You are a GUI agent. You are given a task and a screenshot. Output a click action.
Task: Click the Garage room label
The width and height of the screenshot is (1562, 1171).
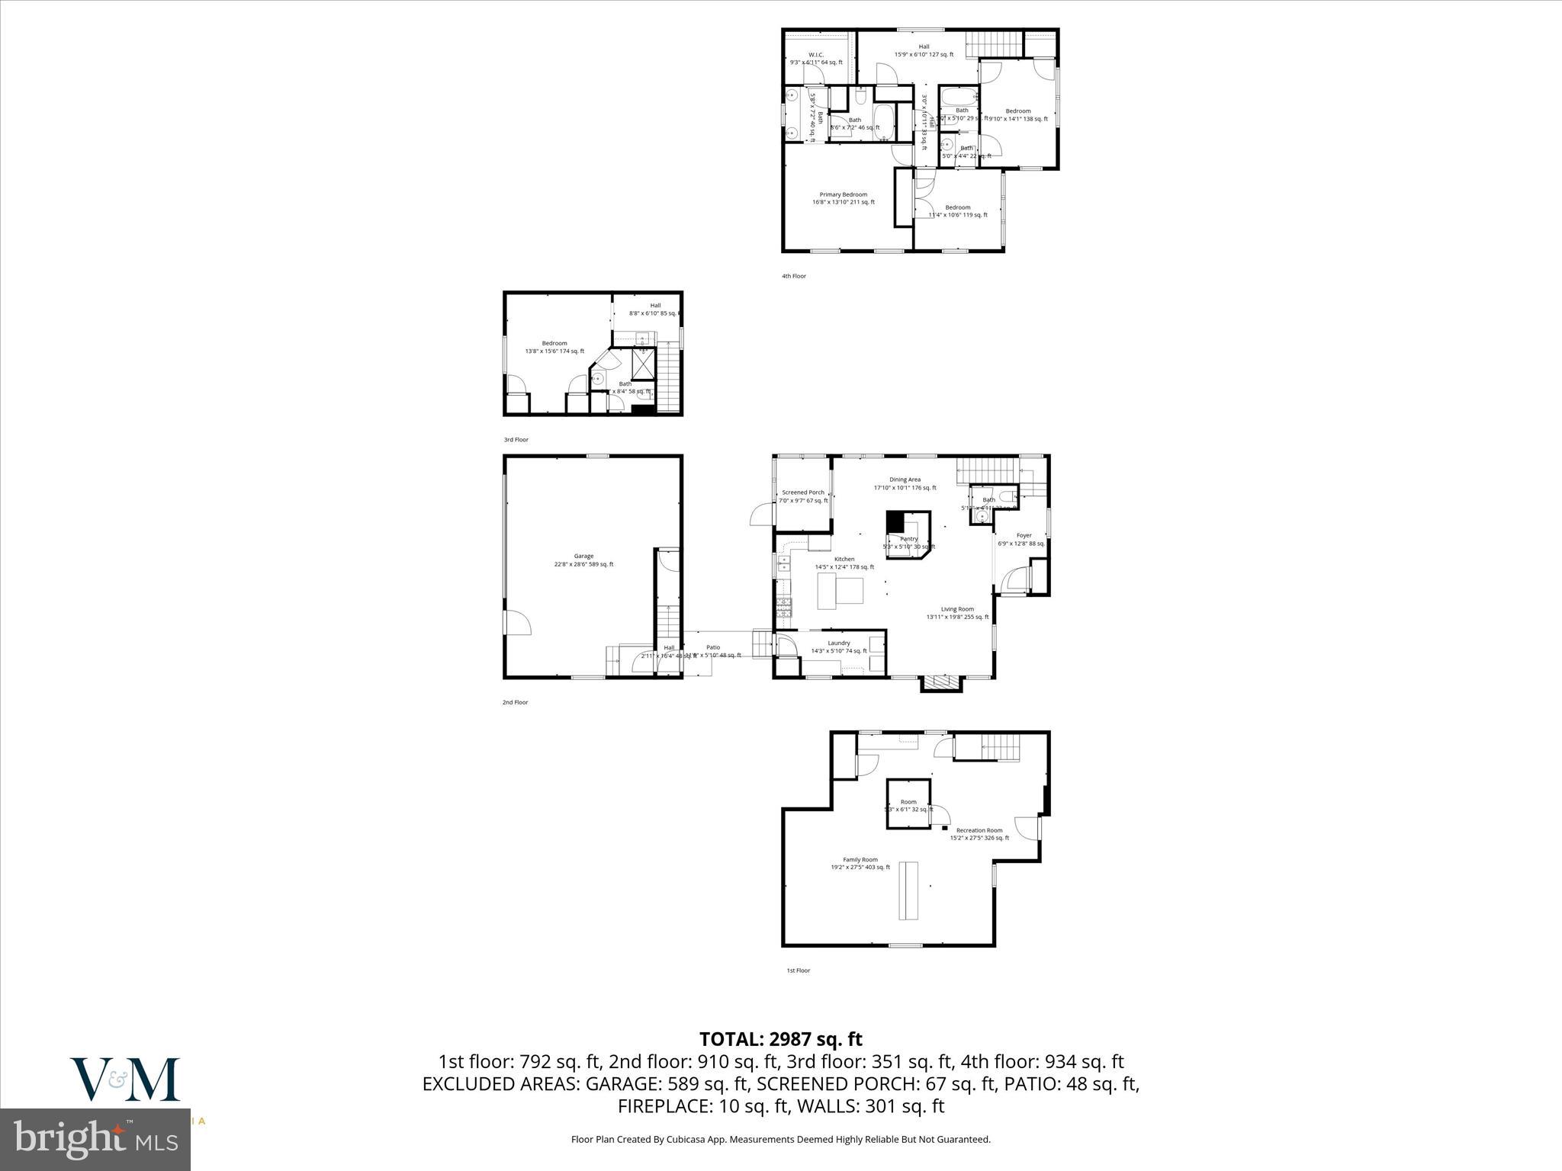[x=583, y=557]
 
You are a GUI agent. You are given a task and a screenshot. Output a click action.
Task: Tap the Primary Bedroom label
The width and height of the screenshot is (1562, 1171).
[x=843, y=195]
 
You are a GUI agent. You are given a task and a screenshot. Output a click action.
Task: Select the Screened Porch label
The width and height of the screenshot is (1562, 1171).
[x=802, y=492]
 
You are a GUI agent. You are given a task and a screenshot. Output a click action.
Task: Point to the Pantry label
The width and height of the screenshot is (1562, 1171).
[x=908, y=539]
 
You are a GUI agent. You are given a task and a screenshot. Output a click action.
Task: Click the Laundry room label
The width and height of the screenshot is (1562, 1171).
[x=838, y=643]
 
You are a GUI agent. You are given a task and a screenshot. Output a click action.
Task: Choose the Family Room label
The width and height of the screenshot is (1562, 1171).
[x=860, y=860]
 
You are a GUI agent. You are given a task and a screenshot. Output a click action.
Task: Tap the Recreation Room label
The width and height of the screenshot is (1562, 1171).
[x=979, y=830]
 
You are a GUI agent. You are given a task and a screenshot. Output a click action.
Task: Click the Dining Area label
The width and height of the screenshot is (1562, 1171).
[x=905, y=480]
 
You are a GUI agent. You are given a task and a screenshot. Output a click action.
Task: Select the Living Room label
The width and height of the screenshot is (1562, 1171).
[x=957, y=609]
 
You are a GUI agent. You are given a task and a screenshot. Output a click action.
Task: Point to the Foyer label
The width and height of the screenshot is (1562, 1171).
[x=1024, y=536]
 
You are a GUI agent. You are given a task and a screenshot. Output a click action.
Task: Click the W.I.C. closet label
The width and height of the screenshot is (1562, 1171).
[x=815, y=55]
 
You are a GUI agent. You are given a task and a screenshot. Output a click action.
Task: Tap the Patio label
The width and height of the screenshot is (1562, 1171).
[x=712, y=647]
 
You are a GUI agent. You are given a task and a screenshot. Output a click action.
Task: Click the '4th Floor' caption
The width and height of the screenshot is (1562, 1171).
[x=793, y=276]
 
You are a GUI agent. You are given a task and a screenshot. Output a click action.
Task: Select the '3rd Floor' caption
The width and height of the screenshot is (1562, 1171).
[x=516, y=440]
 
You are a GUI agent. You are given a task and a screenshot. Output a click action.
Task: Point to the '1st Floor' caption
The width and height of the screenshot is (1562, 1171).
[x=798, y=970]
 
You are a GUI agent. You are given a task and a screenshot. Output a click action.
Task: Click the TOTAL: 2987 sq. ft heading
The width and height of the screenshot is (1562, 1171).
[x=780, y=1039]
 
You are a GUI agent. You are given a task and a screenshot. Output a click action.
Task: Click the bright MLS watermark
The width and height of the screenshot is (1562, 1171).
[x=95, y=1140]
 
